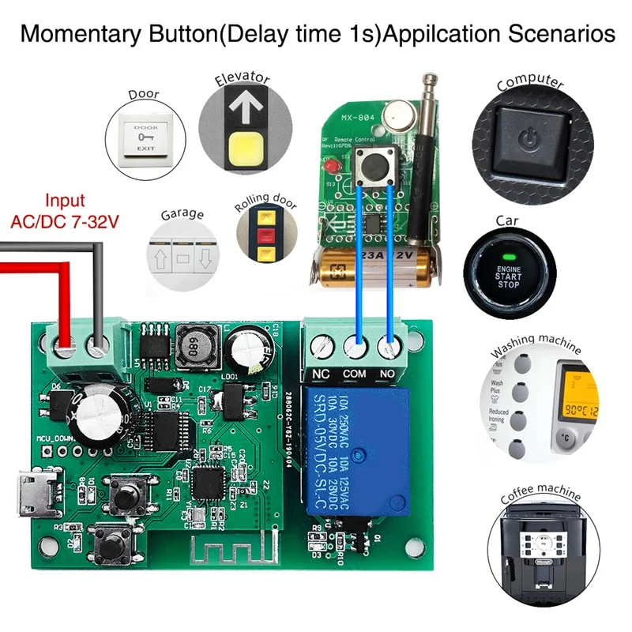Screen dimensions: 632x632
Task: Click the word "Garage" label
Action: click(x=182, y=214)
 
